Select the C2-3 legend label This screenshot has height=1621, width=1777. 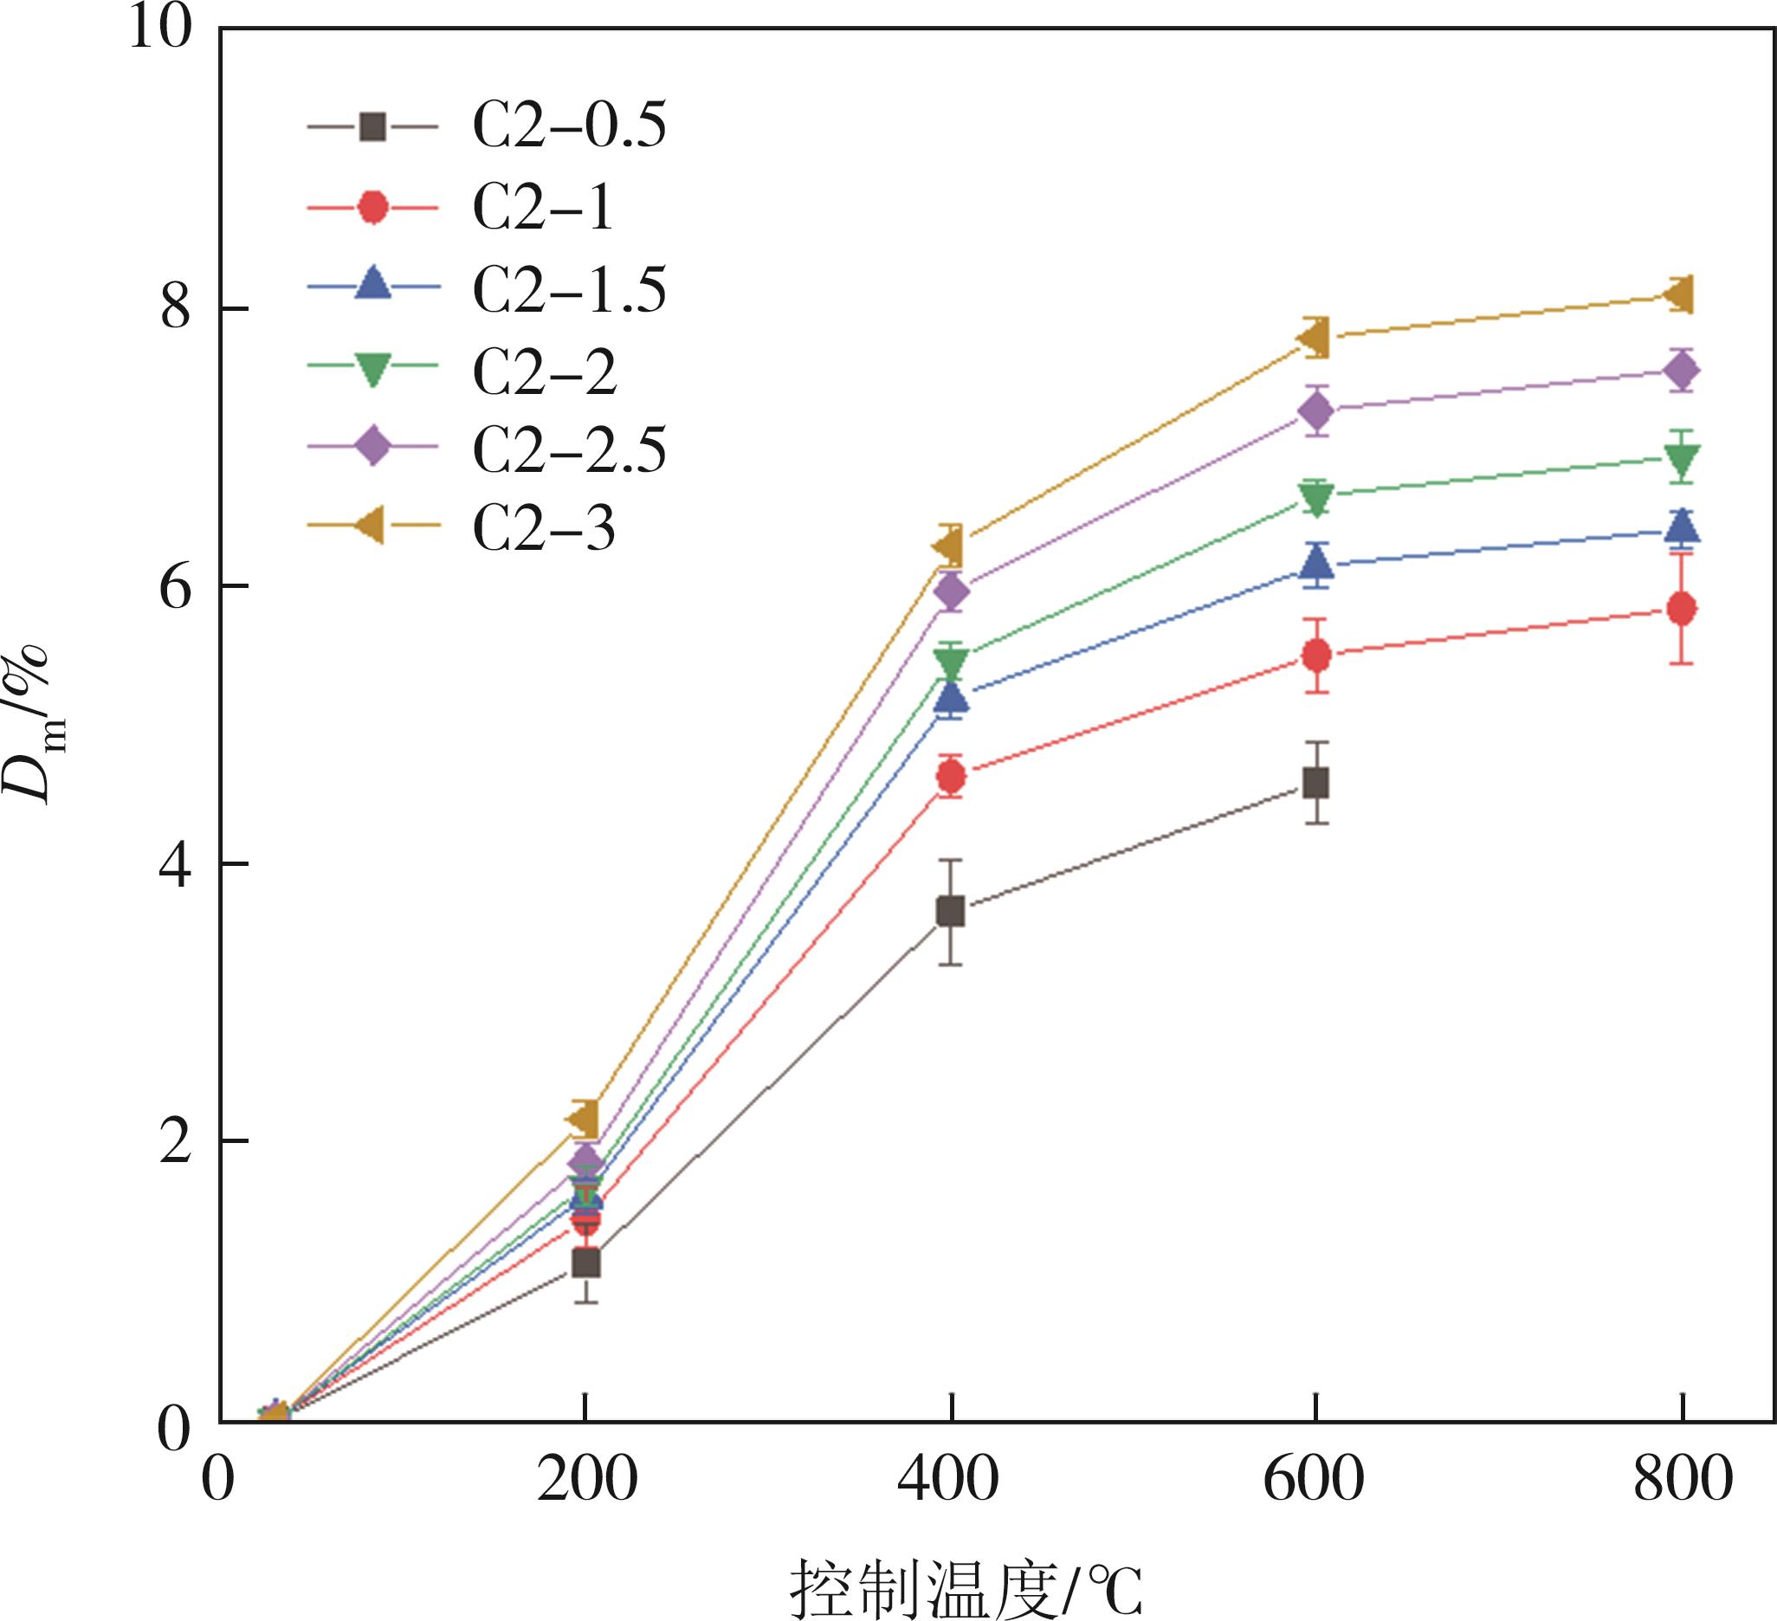tap(544, 530)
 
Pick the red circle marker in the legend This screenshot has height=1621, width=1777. tap(373, 208)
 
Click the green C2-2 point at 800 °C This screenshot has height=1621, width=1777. tap(1681, 459)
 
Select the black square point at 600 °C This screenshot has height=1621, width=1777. tap(1315, 783)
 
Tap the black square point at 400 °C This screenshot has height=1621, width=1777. tap(949, 912)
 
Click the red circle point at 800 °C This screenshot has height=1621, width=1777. tap(1681, 608)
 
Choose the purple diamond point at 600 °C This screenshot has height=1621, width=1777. tap(1316, 410)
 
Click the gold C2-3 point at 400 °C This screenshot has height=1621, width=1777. tap(948, 547)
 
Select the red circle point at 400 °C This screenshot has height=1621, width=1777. tap(950, 777)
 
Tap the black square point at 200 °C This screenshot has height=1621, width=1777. tap(586, 1263)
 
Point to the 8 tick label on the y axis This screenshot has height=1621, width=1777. tap(176, 309)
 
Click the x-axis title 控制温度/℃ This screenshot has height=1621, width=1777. tap(966, 1587)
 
